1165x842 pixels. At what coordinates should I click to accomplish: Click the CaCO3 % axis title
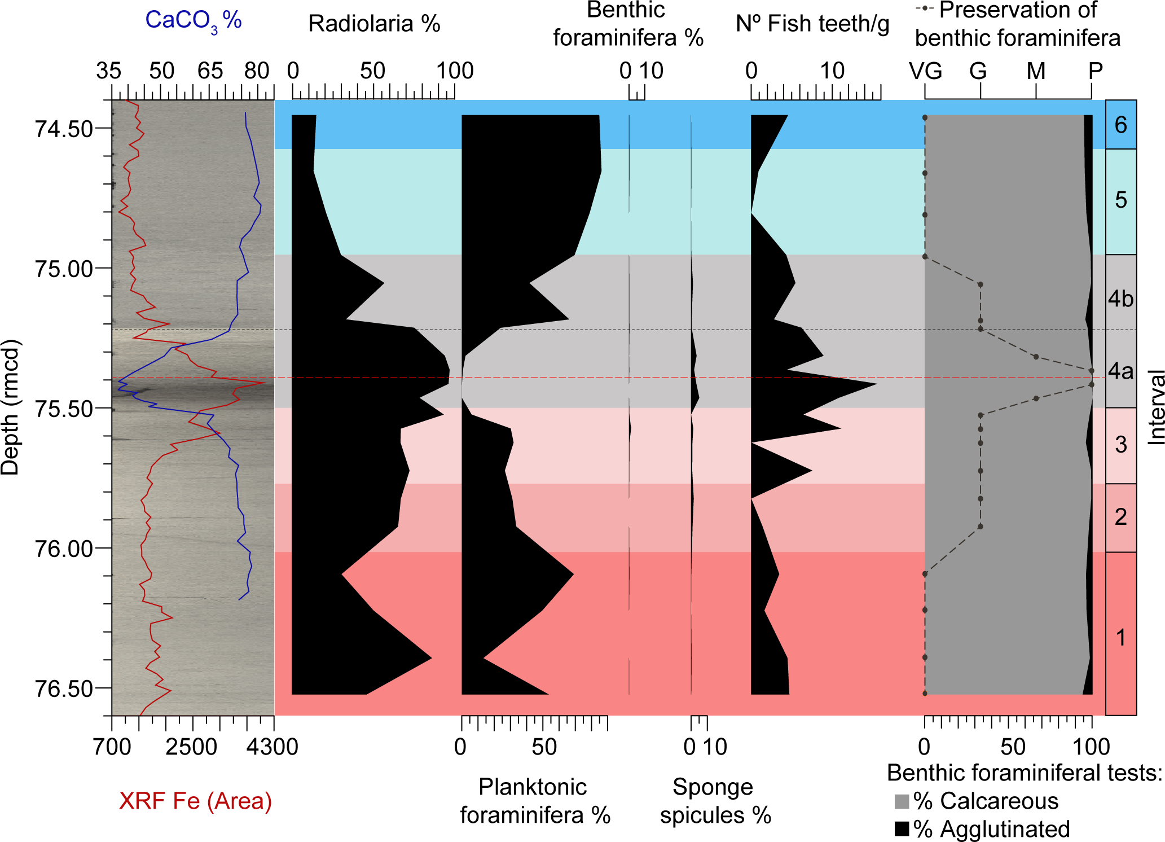(x=193, y=21)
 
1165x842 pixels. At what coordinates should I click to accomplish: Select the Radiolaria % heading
(x=374, y=24)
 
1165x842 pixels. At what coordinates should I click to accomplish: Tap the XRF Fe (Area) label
(x=195, y=801)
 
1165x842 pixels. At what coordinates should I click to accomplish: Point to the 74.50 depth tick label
(x=64, y=129)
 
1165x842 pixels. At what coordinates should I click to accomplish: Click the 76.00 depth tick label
(x=64, y=549)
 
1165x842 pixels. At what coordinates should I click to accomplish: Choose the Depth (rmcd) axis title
(x=10, y=407)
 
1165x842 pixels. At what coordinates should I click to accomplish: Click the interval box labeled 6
(x=1120, y=125)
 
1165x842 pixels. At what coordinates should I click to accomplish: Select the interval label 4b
(x=1120, y=299)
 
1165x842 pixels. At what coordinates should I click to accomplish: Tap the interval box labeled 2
(x=1120, y=517)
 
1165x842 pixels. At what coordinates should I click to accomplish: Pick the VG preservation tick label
(x=925, y=71)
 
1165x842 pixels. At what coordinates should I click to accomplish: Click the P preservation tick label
(x=1095, y=71)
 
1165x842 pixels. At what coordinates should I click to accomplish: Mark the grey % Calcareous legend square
(x=902, y=801)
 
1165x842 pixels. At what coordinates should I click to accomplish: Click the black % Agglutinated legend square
(x=902, y=829)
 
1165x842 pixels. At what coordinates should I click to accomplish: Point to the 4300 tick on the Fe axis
(x=272, y=747)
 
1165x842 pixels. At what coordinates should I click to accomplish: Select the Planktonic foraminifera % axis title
(x=535, y=801)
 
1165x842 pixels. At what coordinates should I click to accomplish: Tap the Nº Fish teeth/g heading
(x=812, y=24)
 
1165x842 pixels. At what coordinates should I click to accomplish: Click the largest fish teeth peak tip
(x=876, y=384)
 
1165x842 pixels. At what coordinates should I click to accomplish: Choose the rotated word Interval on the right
(x=1156, y=407)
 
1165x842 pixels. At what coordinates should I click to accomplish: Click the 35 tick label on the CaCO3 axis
(x=108, y=71)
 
